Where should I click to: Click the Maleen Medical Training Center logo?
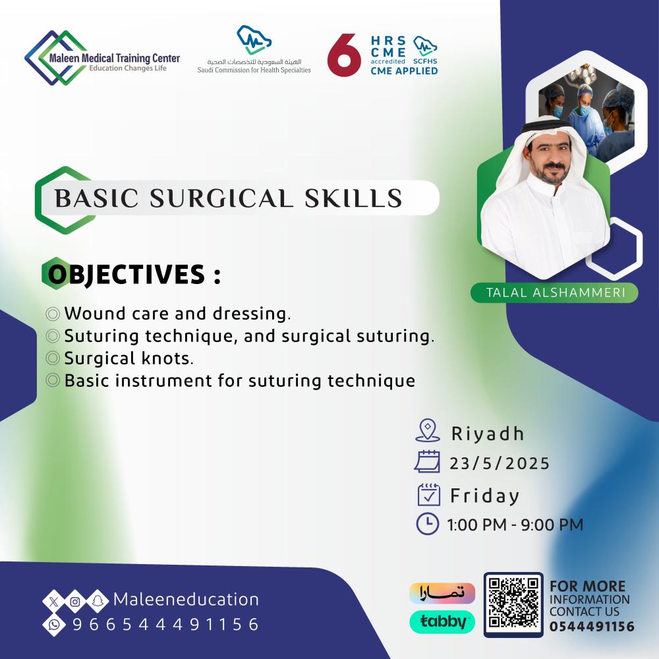coord(102,58)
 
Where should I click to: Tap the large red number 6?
coord(344,55)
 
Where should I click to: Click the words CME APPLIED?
coord(404,71)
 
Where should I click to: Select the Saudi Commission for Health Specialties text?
coord(254,71)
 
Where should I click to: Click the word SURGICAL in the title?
coord(221,198)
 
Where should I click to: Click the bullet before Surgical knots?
coord(53,358)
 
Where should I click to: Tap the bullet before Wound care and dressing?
coord(53,314)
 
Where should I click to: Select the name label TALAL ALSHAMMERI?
coord(556,293)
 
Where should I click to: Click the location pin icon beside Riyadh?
coord(428,430)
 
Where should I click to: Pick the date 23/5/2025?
coord(500,463)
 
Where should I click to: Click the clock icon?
coord(428,523)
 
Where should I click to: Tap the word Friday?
coord(484,496)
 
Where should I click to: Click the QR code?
coord(513,604)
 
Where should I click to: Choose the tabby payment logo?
coord(442,621)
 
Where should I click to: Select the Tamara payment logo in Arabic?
coord(442,593)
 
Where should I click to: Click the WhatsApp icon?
coord(54,625)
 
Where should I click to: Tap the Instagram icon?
coord(75,602)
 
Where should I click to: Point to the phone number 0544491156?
coord(592,626)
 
